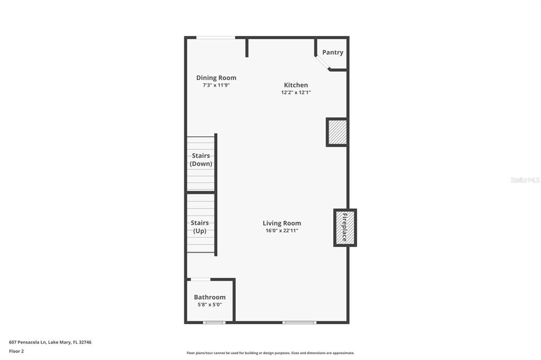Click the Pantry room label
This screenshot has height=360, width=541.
(x=333, y=52)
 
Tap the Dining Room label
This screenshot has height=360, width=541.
(x=216, y=78)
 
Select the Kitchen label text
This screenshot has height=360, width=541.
(x=296, y=85)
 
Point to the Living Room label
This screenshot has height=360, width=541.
(x=282, y=223)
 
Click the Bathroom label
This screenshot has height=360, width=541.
(x=210, y=297)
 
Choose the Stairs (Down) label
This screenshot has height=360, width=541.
(x=201, y=159)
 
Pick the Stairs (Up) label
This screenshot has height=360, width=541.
(x=200, y=227)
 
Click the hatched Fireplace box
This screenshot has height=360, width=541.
(x=345, y=228)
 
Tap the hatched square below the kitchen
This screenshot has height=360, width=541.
(x=337, y=132)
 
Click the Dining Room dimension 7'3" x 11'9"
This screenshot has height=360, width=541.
(x=216, y=86)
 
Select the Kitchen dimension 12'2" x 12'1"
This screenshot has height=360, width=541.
(x=296, y=93)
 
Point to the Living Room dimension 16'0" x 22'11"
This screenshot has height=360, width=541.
(x=282, y=231)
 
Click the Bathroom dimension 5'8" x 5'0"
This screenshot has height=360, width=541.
(x=210, y=305)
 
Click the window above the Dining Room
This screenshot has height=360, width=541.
(x=216, y=37)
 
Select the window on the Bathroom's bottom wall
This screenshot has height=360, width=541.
(x=214, y=322)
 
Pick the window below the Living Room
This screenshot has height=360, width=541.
(x=299, y=322)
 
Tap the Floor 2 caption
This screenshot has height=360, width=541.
(x=16, y=351)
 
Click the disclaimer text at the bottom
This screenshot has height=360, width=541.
(x=270, y=353)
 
